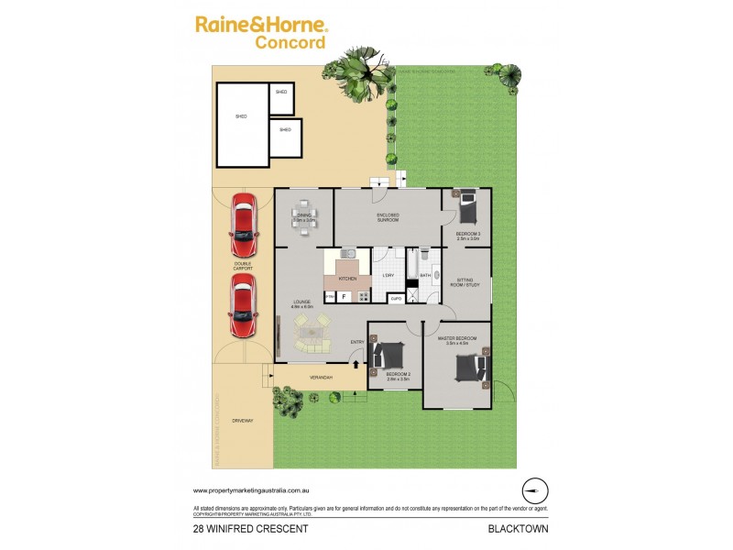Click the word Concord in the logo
pos(290,42)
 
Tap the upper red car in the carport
pos(243,225)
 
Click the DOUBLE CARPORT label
pos(243,266)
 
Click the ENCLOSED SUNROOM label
pos(387,219)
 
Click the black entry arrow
pos(356,365)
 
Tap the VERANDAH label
pos(319,378)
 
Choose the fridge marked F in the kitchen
pos(344,295)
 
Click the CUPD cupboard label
pos(395,298)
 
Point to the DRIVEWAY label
pos(242,421)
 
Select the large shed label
pos(241,116)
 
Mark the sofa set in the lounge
pos(312,332)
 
